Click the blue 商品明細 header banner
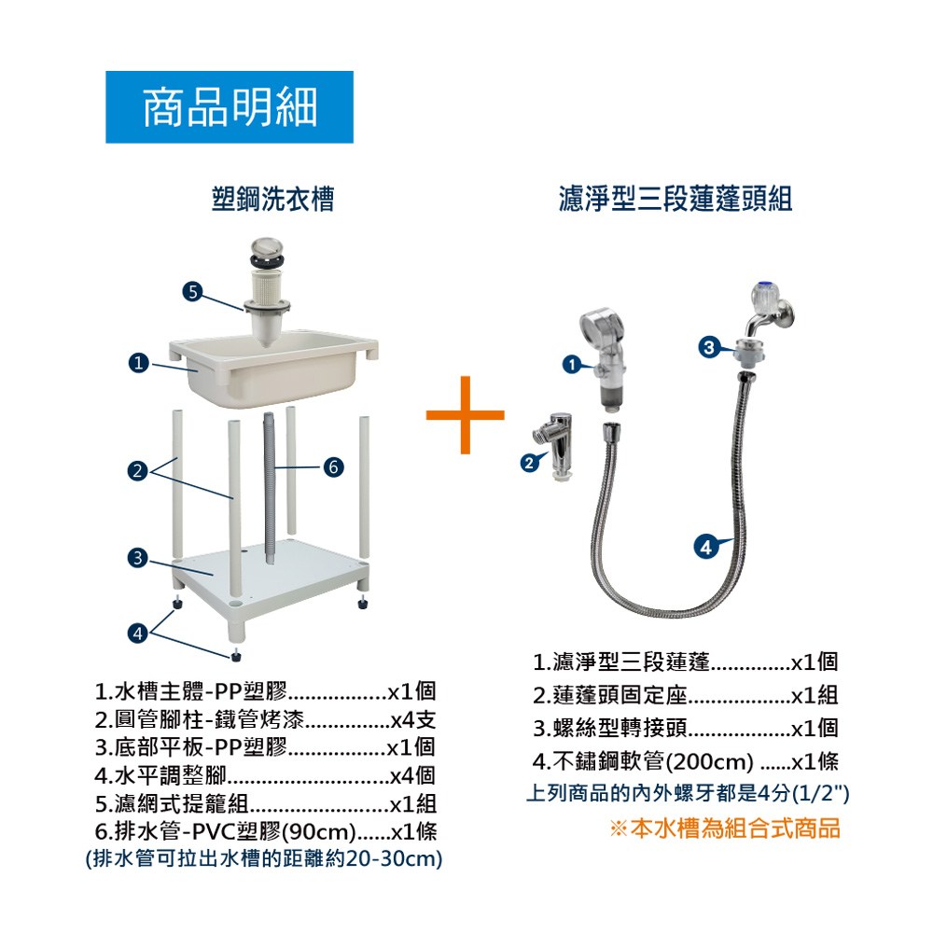230,107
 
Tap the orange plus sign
465,415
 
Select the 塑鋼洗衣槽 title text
273,199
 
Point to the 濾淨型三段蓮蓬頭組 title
675,199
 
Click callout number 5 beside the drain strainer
192,291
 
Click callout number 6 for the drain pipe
333,467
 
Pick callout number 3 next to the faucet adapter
709,347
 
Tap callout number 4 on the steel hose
705,547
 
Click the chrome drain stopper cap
267,249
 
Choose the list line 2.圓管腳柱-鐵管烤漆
265,719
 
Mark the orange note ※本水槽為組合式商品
725,829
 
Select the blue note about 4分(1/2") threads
688,793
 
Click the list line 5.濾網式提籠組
265,804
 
